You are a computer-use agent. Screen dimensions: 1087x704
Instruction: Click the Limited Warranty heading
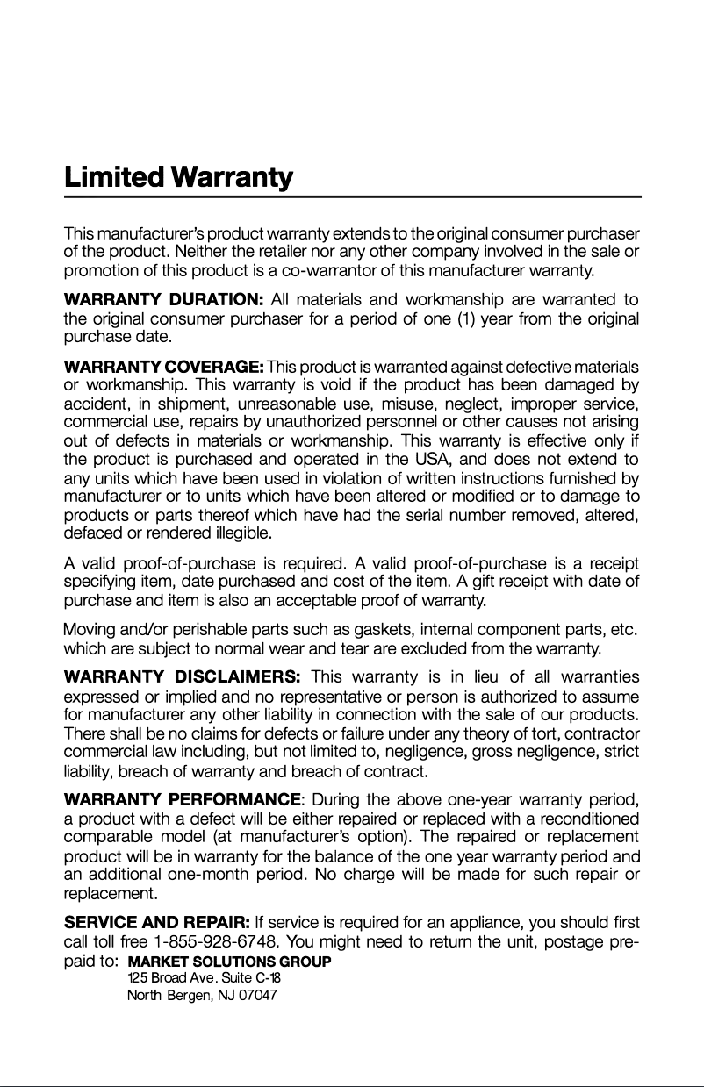(178, 178)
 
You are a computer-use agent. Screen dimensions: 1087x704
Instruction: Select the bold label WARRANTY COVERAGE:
(164, 366)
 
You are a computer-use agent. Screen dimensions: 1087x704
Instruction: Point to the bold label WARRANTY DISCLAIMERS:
(183, 676)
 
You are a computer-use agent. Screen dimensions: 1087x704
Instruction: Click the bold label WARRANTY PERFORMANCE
(183, 799)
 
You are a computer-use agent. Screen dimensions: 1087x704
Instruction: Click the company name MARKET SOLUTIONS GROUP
(229, 962)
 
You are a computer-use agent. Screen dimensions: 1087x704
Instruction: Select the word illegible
(241, 533)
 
